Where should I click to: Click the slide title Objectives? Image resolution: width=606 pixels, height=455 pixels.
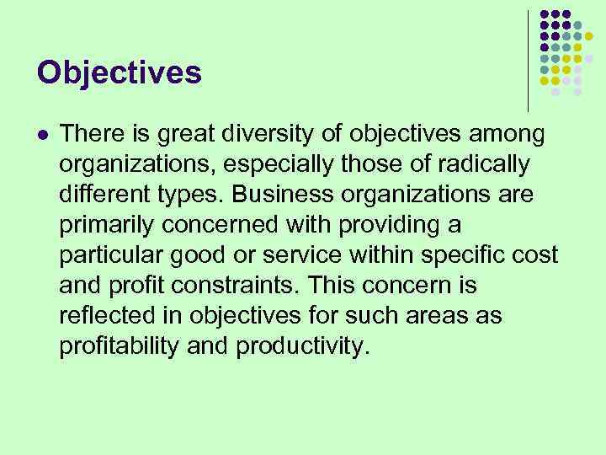(120, 72)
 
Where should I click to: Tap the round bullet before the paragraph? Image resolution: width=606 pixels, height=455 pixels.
(43, 134)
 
